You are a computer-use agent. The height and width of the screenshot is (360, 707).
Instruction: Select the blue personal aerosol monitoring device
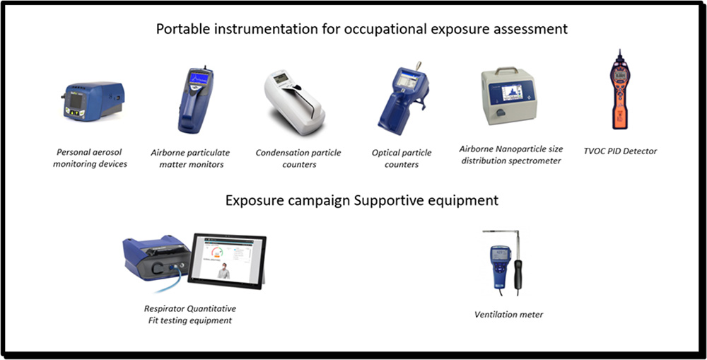(93, 102)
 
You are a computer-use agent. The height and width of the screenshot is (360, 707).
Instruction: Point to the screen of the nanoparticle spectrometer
(512, 93)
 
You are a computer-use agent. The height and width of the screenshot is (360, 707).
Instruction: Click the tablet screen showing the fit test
(227, 260)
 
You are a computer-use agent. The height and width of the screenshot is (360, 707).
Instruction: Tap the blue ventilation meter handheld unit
(500, 266)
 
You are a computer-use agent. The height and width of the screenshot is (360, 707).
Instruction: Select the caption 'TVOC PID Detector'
(620, 151)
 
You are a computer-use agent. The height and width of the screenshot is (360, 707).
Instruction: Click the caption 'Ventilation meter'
(508, 315)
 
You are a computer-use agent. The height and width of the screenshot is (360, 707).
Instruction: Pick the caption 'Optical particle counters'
(402, 158)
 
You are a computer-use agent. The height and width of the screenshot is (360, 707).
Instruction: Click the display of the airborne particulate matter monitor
(199, 78)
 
